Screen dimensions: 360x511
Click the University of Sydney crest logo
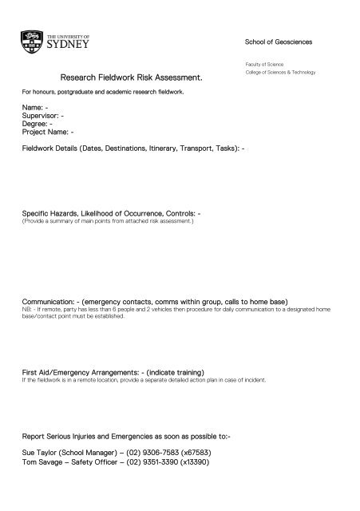[x=32, y=42]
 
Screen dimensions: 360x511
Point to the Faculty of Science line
[x=266, y=63]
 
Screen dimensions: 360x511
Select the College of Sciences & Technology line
[x=281, y=72]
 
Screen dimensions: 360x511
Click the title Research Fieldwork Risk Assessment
[x=132, y=78]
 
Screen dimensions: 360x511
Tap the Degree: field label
[x=36, y=124]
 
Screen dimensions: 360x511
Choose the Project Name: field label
[x=47, y=133]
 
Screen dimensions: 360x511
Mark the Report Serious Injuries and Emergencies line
[x=126, y=438]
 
